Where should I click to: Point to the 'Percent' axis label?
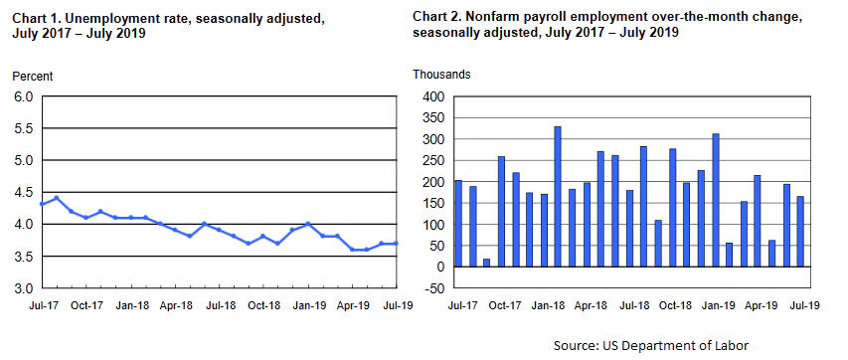[x=32, y=77]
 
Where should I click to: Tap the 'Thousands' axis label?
[x=441, y=75]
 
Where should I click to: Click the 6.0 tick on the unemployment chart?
[x=22, y=96]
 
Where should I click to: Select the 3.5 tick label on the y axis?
[x=22, y=257]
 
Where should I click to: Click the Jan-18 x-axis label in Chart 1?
[x=131, y=304]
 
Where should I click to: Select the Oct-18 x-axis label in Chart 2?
[x=673, y=304]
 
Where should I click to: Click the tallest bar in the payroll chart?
[x=558, y=196]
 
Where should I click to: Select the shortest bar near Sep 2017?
[x=487, y=263]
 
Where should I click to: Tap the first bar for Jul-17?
[x=458, y=224]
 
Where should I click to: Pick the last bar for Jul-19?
[x=800, y=231]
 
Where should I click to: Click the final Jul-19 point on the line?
[x=398, y=244]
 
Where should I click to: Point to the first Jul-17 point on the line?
[x=41, y=204]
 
